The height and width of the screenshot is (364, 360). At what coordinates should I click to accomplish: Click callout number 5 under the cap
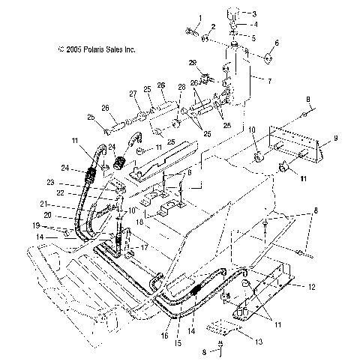[x=254, y=37]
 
